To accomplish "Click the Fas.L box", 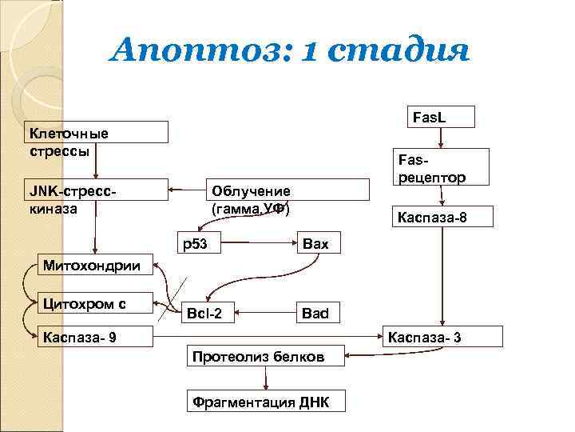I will coord(442,117).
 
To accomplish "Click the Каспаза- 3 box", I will coord(446,337).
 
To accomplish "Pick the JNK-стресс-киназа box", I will coord(96,198).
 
